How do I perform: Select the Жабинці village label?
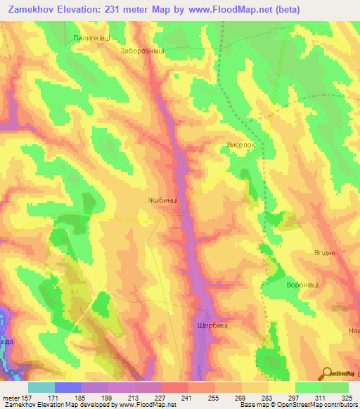coord(163,200)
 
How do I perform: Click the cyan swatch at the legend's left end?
coord(41,387)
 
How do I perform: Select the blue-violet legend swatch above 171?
coord(67,387)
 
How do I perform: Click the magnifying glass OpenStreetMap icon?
coord(327,375)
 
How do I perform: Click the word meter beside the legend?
coord(9,397)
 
